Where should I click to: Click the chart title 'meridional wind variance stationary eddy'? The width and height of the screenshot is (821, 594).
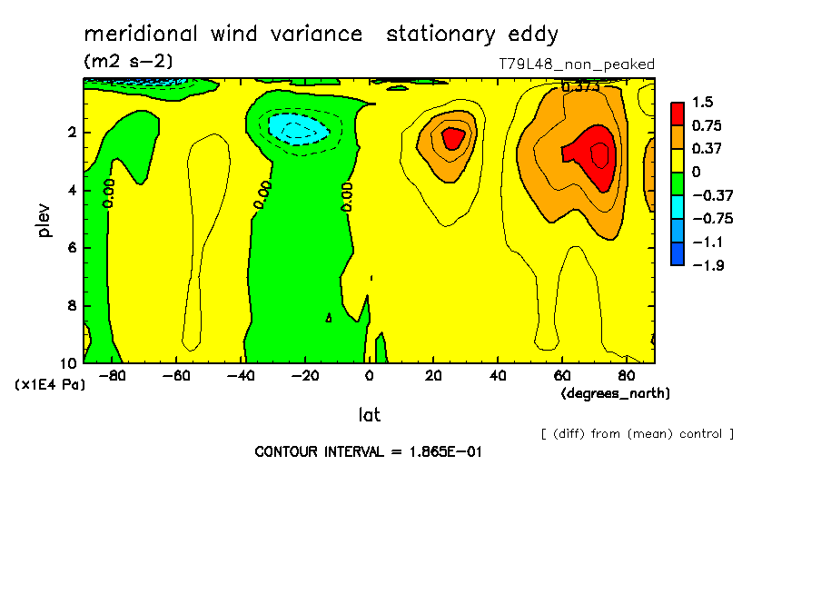point(321,35)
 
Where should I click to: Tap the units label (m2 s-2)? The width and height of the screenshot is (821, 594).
point(128,62)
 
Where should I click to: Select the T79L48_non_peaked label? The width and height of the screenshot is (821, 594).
point(577,64)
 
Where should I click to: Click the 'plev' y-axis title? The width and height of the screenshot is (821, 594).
point(45,219)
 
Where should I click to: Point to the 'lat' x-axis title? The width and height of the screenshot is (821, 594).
point(369,415)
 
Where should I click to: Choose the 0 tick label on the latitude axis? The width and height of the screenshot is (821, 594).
point(369,375)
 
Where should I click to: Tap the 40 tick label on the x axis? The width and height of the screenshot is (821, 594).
point(498,375)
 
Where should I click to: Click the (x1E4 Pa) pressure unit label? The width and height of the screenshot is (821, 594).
point(51,385)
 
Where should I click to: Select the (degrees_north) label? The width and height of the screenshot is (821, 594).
point(616,393)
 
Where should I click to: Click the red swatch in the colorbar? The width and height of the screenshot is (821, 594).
point(678,113)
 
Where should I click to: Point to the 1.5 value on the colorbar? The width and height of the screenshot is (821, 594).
point(702,102)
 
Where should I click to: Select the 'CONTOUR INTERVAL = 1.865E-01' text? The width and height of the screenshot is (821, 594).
point(367,451)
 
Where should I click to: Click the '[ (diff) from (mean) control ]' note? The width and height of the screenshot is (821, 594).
point(637,433)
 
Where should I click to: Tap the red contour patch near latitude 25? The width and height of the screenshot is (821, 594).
point(452,139)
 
